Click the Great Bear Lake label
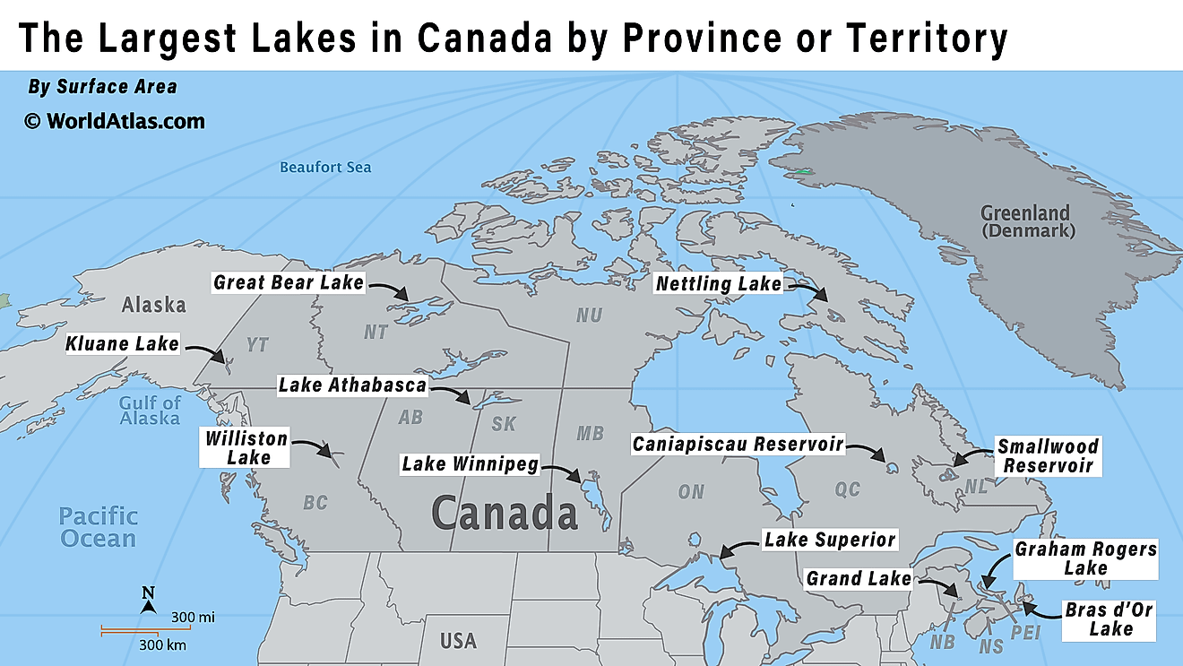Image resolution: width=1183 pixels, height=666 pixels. pyautogui.click(x=289, y=282)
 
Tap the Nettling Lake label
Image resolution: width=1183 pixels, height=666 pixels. pyautogui.click(x=718, y=284)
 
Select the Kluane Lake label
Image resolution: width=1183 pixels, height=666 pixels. pyautogui.click(x=122, y=343)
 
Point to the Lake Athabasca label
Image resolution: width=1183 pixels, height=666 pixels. pyautogui.click(x=352, y=385)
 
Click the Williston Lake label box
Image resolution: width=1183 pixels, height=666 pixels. pyautogui.click(x=246, y=447)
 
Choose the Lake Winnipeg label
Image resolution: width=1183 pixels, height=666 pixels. pyautogui.click(x=470, y=464)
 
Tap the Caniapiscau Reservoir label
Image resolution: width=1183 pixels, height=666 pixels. pyautogui.click(x=738, y=444)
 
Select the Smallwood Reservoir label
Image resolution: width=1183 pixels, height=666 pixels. pyautogui.click(x=1048, y=455)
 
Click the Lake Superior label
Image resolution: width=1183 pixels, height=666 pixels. pyautogui.click(x=829, y=540)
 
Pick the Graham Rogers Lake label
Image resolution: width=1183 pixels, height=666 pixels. pyautogui.click(x=1085, y=558)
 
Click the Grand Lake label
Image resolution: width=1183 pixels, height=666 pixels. pyautogui.click(x=859, y=578)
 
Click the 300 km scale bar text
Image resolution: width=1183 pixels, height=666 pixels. pyautogui.click(x=163, y=644)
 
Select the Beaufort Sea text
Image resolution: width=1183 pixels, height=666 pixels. pyautogui.click(x=325, y=167)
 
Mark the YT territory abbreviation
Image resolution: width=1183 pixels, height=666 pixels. pyautogui.click(x=258, y=345)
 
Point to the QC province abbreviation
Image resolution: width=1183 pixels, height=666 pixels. pyautogui.click(x=847, y=489)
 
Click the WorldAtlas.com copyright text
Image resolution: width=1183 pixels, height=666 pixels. pyautogui.click(x=115, y=121)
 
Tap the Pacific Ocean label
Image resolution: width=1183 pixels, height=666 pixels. pyautogui.click(x=99, y=527)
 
